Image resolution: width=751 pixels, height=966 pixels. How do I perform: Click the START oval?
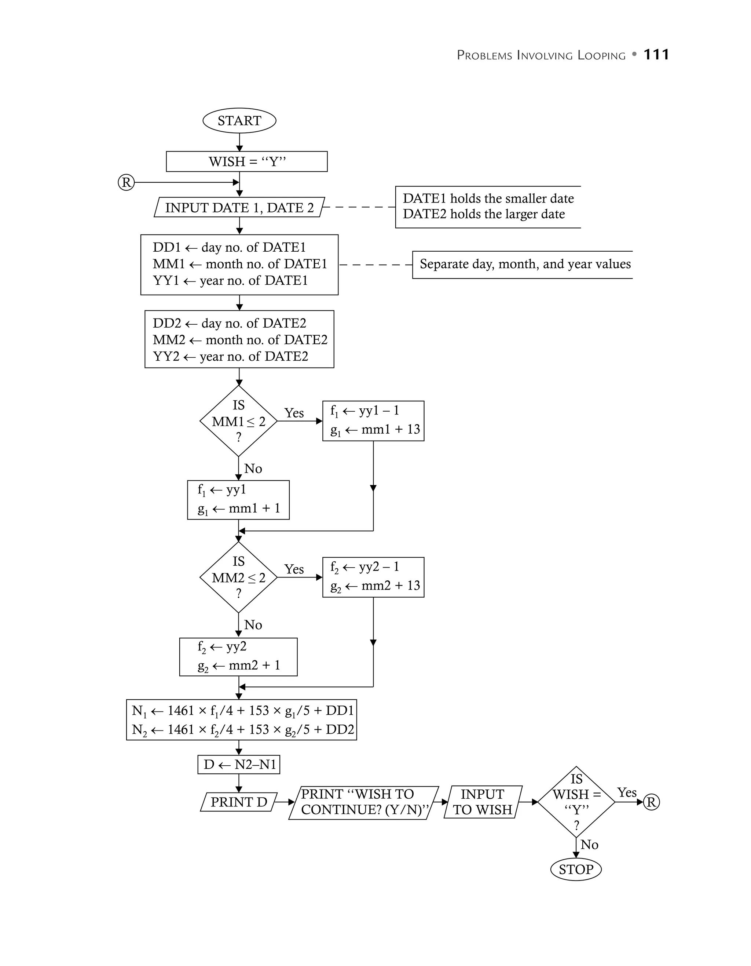click(239, 121)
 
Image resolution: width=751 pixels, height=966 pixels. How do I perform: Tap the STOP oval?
click(575, 870)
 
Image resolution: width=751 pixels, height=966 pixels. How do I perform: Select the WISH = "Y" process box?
click(247, 161)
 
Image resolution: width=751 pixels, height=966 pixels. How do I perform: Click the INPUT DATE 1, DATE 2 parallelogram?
click(239, 207)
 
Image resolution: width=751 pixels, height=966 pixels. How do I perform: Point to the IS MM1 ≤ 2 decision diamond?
click(238, 421)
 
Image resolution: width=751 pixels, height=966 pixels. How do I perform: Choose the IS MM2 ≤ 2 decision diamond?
click(238, 577)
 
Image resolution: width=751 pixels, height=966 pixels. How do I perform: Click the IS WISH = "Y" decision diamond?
click(576, 802)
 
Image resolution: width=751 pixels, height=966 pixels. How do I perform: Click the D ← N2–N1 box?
click(239, 764)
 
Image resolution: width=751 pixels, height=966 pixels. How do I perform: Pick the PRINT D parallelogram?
click(239, 802)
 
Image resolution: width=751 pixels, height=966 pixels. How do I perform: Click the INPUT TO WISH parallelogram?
click(482, 802)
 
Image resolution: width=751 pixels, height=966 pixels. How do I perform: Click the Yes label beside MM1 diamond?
click(294, 413)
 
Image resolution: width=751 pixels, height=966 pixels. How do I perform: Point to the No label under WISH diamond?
click(589, 844)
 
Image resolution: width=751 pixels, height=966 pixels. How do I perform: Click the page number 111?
click(656, 55)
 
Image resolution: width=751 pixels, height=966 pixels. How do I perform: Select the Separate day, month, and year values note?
click(525, 265)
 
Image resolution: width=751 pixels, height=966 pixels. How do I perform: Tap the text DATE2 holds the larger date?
click(484, 214)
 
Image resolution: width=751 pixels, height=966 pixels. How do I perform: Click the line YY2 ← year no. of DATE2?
click(230, 357)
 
